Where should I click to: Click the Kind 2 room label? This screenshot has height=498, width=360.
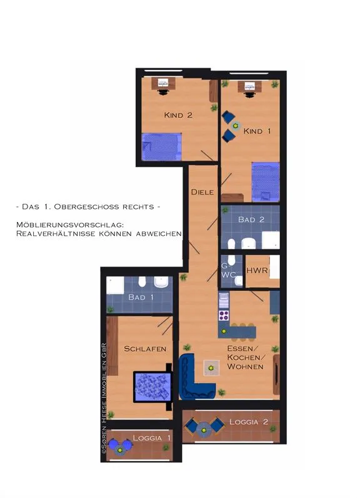(178, 115)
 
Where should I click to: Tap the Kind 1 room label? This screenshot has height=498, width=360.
(257, 131)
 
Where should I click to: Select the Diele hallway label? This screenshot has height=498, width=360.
(202, 192)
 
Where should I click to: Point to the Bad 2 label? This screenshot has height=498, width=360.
(251, 220)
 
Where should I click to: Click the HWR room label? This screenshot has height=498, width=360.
(257, 271)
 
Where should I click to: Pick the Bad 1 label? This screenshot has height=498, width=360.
(141, 297)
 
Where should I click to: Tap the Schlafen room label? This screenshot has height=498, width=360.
(145, 348)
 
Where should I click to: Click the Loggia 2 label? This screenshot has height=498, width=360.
(249, 422)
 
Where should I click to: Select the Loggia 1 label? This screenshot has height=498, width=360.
(152, 438)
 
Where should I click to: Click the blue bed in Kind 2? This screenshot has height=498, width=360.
(162, 147)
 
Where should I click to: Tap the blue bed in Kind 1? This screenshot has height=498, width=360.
(266, 182)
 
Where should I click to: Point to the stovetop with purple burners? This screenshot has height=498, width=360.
(224, 315)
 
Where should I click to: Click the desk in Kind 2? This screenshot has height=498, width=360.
(163, 83)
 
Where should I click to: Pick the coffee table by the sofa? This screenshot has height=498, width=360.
(211, 368)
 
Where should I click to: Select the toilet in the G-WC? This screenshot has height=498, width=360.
(231, 260)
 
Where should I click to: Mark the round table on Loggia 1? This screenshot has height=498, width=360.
(120, 449)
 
